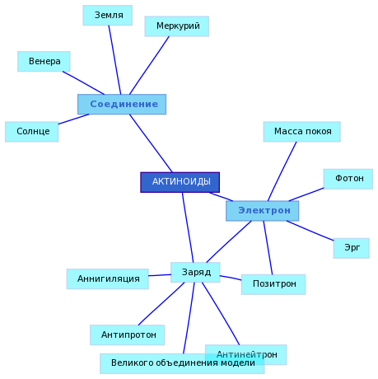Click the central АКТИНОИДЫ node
pyautogui.click(x=180, y=182)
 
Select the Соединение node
pyautogui.click(x=122, y=105)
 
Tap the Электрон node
pyautogui.click(x=263, y=211)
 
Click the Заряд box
pyautogui.click(x=195, y=273)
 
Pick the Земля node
pyautogui.click(x=108, y=16)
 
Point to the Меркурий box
pyautogui.click(x=177, y=26)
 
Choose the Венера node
pyautogui.click(x=44, y=62)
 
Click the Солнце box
pyautogui.click(x=32, y=132)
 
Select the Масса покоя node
pyautogui.click(x=302, y=132)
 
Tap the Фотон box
pyautogui.click(x=348, y=179)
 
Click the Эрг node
pyautogui.click(x=352, y=248)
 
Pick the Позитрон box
pyautogui.click(x=273, y=284)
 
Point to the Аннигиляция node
pyautogui.click(x=108, y=279)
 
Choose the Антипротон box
pyautogui.click(x=128, y=335)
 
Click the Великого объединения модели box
pyautogui.click(x=182, y=363)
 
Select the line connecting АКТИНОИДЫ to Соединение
pyautogui.click(x=151, y=143)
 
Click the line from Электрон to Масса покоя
pyautogui.click(x=282, y=171)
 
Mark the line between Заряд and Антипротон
pyautogui.click(x=161, y=304)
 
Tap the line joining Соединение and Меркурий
pyautogui.click(x=149, y=65)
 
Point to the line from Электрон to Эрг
pyautogui.click(x=310, y=231)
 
